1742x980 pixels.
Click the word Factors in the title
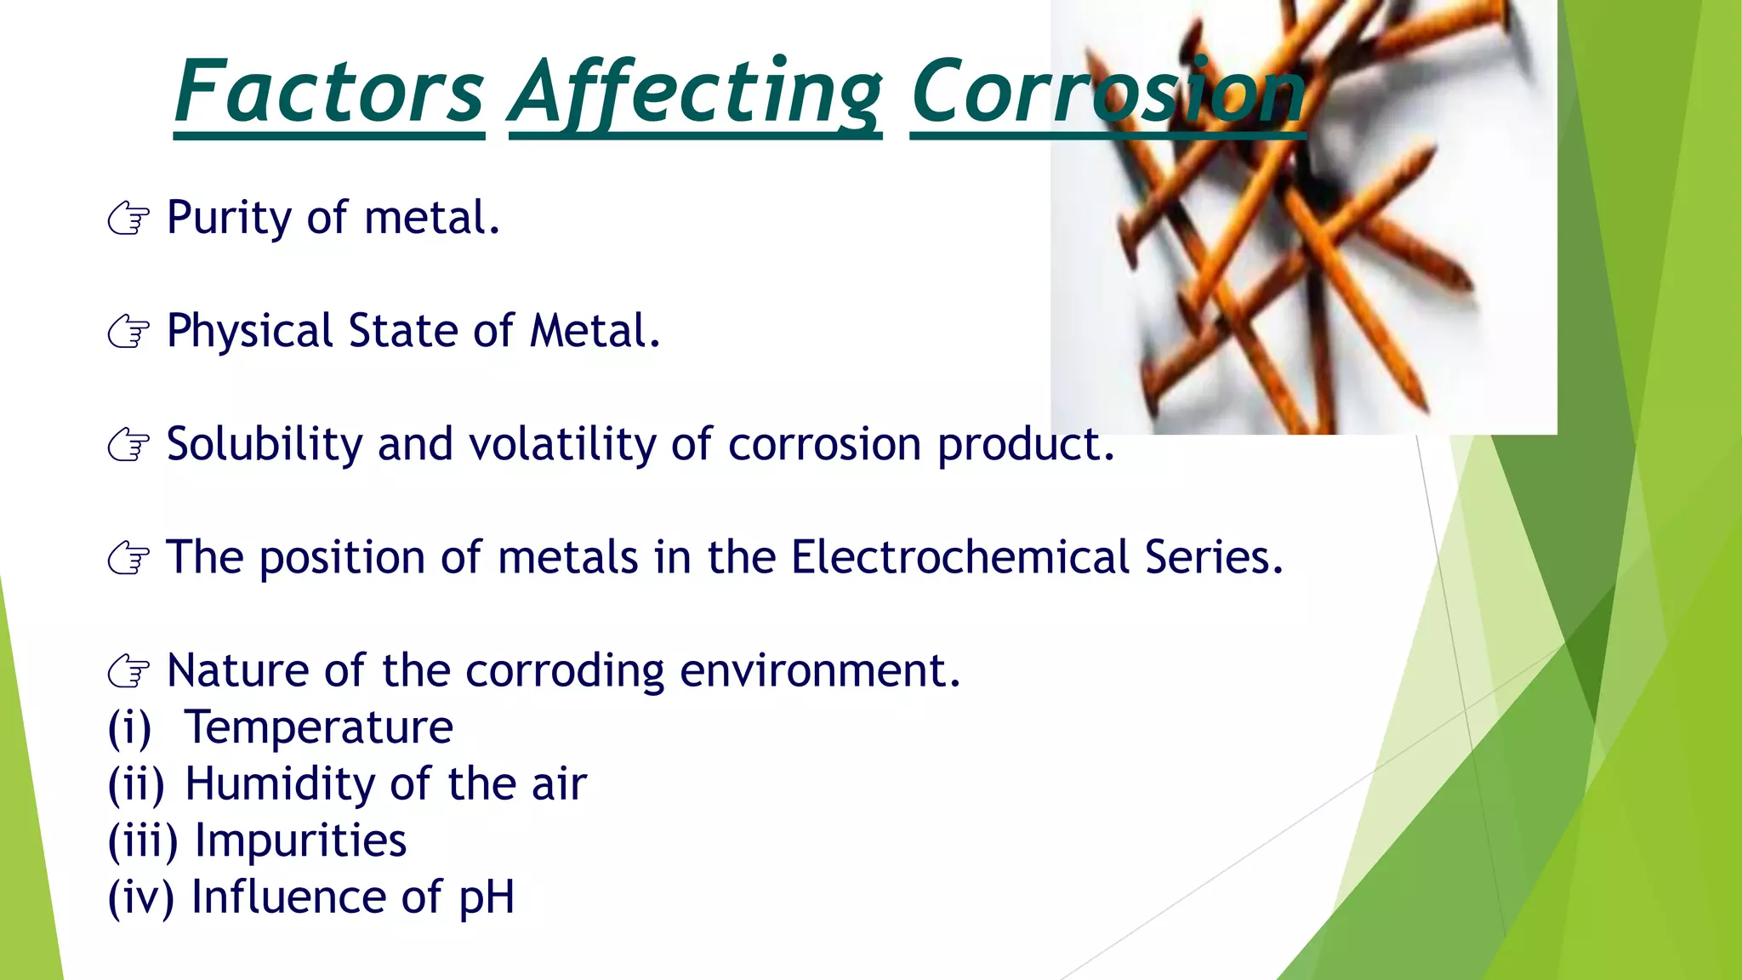329,92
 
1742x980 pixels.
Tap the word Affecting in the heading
695,92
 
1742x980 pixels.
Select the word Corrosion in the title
1107,92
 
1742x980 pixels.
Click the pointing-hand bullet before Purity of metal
129,219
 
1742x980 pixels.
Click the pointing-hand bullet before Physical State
129,332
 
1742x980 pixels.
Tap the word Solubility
265,444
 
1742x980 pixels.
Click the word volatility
563,444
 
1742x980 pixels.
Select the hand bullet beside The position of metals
129,558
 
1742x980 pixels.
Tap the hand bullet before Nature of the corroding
129,671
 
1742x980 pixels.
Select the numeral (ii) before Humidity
136,784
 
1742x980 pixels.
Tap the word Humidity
280,784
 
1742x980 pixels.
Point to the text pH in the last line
487,899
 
